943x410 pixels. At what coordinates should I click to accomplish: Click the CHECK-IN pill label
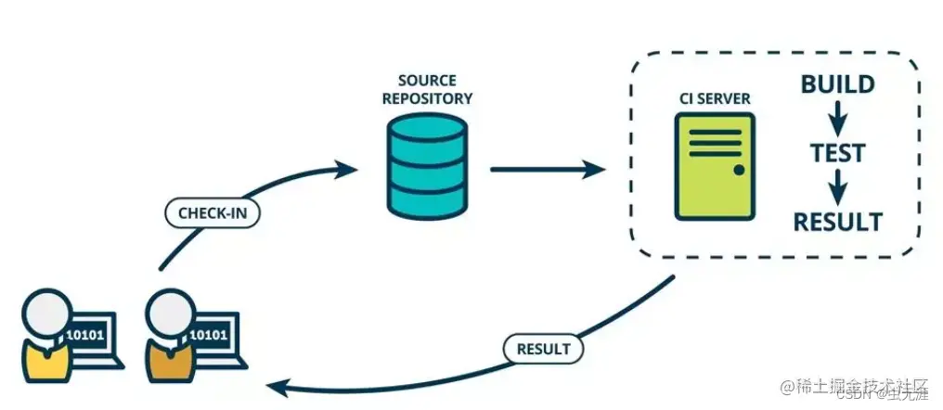pyautogui.click(x=212, y=212)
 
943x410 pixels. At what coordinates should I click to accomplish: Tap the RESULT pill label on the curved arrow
pyautogui.click(x=543, y=349)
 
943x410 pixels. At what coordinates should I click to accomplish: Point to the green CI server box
pyautogui.click(x=713, y=167)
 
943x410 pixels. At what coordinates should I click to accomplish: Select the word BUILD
pyautogui.click(x=837, y=85)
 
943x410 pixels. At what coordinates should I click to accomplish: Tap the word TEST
pyautogui.click(x=837, y=152)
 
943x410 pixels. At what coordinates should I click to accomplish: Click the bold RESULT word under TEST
pyautogui.click(x=837, y=222)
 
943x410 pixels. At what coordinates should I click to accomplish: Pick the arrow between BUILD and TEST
pyautogui.click(x=837, y=119)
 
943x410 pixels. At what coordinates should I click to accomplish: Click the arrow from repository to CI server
pyautogui.click(x=548, y=170)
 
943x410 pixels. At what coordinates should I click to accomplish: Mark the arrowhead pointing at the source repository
pyautogui.click(x=347, y=169)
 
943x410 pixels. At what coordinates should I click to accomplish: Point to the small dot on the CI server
pyautogui.click(x=739, y=170)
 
